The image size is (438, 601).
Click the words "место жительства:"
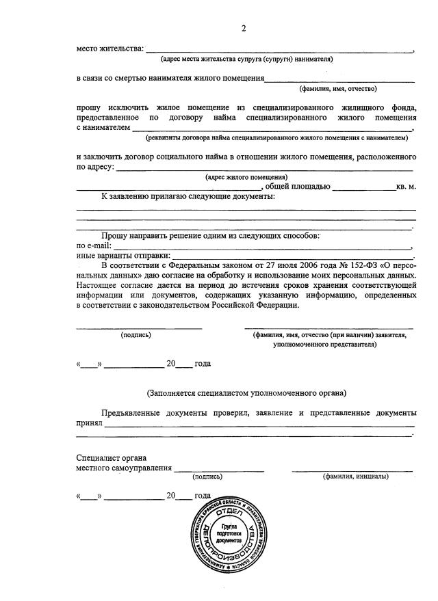tap(110, 49)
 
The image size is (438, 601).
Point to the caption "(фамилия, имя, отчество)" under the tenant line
tap(338, 89)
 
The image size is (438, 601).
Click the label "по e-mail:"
tap(94, 245)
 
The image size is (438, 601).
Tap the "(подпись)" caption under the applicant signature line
tap(136, 335)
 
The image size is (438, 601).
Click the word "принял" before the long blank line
tap(89, 423)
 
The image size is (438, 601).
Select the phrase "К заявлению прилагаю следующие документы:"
tap(189, 196)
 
